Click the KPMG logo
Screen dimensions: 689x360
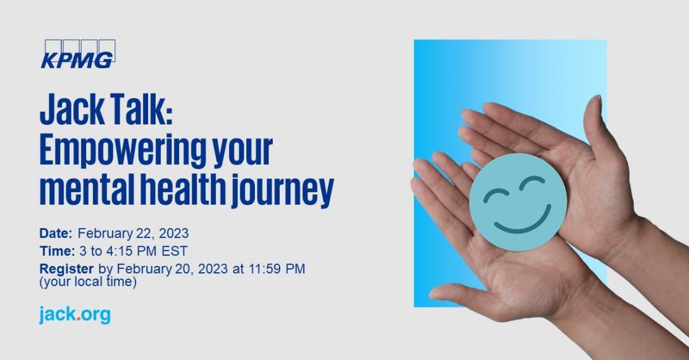(78, 54)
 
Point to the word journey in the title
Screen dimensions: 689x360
(283, 191)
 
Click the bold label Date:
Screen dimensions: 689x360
(56, 233)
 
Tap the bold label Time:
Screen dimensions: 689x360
(57, 251)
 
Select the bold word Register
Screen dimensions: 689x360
(66, 269)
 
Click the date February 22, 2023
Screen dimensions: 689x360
(133, 234)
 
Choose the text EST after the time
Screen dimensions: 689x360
(175, 251)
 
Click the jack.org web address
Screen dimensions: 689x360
(75, 315)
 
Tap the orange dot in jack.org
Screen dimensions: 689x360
(78, 319)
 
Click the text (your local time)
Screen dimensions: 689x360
(88, 282)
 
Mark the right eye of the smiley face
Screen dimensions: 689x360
(532, 183)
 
